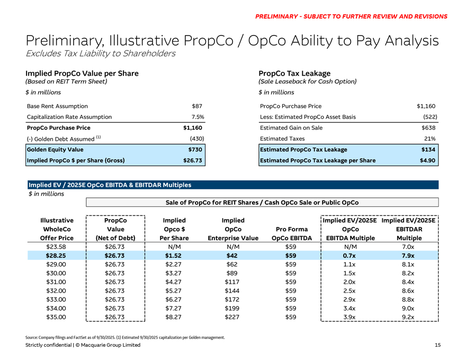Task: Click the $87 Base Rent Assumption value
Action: click(198, 106)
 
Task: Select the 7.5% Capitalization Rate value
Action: click(197, 117)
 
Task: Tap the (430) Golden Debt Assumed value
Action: click(196, 139)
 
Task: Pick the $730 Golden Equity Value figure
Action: click(196, 150)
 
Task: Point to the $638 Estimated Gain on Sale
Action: click(427, 128)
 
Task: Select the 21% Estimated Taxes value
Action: click(429, 139)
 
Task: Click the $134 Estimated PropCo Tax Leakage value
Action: click(427, 150)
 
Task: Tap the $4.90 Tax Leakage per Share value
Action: click(427, 160)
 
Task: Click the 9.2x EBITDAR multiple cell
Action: click(408, 317)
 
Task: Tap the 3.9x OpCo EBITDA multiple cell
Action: click(348, 317)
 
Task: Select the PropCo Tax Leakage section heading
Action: click(294, 73)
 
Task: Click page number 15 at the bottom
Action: click(437, 345)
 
